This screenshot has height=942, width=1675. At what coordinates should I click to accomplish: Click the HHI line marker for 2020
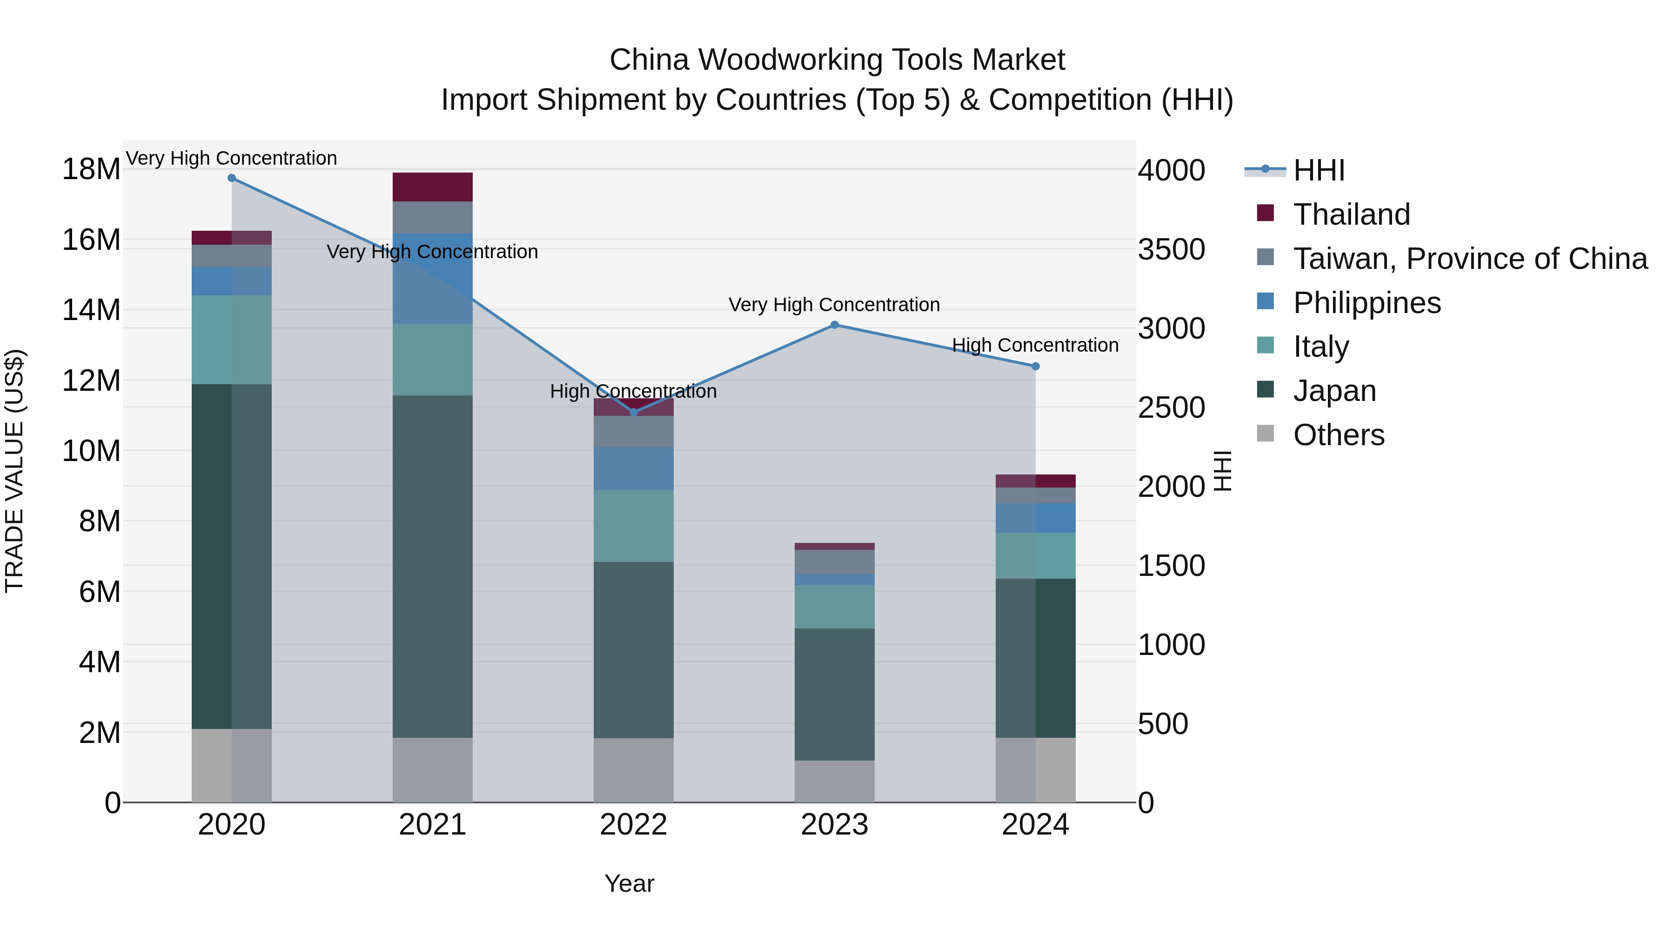coord(232,178)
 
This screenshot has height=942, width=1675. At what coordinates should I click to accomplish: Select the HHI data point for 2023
coord(834,325)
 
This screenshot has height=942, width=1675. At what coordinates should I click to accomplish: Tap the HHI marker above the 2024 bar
coord(1035,367)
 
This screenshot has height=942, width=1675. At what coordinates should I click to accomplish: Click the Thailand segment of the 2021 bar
coord(432,187)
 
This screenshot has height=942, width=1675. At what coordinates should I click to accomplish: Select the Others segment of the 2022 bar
coord(633,770)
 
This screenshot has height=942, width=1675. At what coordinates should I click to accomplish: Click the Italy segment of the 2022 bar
coord(633,526)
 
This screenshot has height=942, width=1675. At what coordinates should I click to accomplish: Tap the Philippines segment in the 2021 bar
coord(432,278)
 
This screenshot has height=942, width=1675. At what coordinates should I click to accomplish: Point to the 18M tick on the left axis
coord(91,170)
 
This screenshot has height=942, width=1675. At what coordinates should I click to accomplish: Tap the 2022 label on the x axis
coord(633,825)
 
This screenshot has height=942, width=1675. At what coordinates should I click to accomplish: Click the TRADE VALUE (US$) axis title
coord(15,471)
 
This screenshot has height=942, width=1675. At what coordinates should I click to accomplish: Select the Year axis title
coord(629,883)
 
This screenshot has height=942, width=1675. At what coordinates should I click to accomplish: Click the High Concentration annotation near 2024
coord(1035,345)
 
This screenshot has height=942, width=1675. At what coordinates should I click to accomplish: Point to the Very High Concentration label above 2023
coord(834,305)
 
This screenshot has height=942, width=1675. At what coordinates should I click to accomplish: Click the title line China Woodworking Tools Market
coord(837,60)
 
